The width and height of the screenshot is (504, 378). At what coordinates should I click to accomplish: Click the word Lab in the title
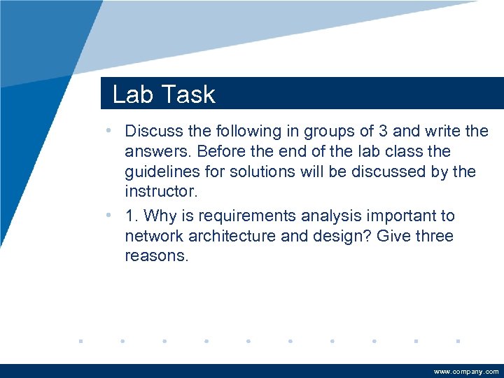(x=130, y=94)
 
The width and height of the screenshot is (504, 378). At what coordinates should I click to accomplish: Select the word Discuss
(x=155, y=131)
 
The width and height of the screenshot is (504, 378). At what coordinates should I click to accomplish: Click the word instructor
(x=157, y=192)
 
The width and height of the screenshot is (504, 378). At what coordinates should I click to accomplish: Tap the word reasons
(x=156, y=257)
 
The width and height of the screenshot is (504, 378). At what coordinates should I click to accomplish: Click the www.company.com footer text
(x=466, y=372)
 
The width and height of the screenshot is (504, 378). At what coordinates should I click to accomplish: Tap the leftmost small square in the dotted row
(x=80, y=342)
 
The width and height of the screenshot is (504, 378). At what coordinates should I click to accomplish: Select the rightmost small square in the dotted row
(x=458, y=342)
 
